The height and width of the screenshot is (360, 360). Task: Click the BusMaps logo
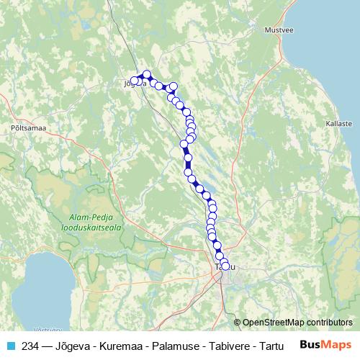tap(325, 345)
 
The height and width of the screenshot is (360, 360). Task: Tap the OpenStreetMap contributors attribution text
tap(297, 322)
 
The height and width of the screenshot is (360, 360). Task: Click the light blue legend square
tap(11, 346)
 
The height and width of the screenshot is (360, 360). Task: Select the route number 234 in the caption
tap(30, 346)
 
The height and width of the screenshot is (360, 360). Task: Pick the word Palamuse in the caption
tap(169, 346)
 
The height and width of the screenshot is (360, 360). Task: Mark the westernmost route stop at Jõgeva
tap(133, 81)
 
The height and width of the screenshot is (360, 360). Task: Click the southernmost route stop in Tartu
tap(225, 266)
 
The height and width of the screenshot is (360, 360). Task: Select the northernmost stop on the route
tap(147, 74)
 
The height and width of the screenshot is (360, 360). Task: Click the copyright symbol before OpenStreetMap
tap(238, 322)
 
